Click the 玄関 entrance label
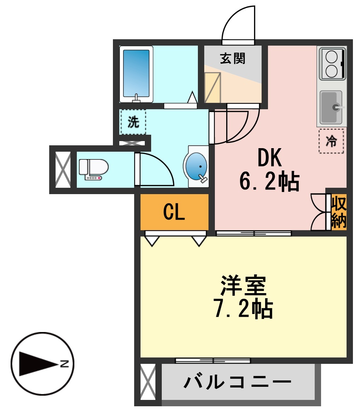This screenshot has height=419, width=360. pyautogui.click(x=233, y=58)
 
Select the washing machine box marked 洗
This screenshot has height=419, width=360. pyautogui.click(x=133, y=122)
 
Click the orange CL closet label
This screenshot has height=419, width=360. pyautogui.click(x=174, y=212)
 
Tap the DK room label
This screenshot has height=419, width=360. pyautogui.click(x=269, y=158)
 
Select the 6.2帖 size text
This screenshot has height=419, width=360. pyautogui.click(x=269, y=181)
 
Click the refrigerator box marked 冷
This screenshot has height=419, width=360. pyautogui.click(x=331, y=141)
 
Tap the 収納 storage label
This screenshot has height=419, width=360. pyautogui.click(x=338, y=212)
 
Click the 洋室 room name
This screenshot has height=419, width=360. pyautogui.click(x=243, y=285)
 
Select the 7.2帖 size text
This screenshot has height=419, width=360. pyautogui.click(x=243, y=308)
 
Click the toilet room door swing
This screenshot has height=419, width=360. pyautogui.click(x=156, y=170)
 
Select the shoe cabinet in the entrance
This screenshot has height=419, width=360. pyautogui.click(x=212, y=87)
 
